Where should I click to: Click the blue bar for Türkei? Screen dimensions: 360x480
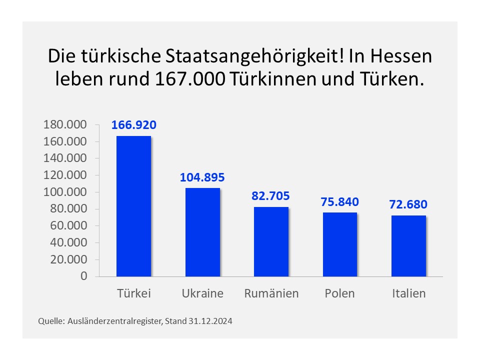(133, 206)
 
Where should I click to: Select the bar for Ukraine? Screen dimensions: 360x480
(202, 232)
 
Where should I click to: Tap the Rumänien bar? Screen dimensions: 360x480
(271, 241)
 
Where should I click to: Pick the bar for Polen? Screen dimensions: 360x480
(340, 244)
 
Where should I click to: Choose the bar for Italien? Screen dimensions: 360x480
(408, 246)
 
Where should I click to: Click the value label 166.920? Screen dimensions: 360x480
(133, 125)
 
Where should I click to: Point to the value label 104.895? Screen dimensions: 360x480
(202, 177)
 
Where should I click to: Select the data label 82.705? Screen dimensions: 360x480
(271, 196)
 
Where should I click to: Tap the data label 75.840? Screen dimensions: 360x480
(340, 202)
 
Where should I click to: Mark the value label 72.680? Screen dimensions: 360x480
(408, 204)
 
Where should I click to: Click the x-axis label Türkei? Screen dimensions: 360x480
(133, 293)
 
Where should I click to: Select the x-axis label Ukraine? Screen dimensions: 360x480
(202, 293)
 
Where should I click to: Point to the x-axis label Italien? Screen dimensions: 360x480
(408, 293)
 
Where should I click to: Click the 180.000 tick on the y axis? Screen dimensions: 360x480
(65, 125)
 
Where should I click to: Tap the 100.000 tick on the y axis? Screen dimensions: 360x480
(65, 192)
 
